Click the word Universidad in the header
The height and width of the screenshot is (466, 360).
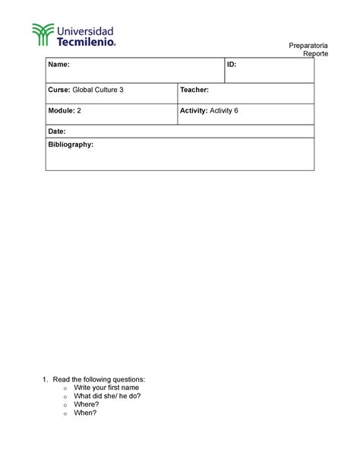tap(86, 30)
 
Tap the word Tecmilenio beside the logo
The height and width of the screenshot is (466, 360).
tap(87, 43)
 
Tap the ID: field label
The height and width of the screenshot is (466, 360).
tap(232, 65)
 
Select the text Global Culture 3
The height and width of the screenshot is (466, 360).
tap(98, 90)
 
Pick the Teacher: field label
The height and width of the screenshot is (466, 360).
tap(194, 90)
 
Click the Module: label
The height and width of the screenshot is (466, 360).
tap(62, 110)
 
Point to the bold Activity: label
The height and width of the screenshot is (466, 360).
tap(194, 110)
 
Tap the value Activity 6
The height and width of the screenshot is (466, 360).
tap(224, 110)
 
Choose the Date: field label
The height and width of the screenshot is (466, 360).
tap(58, 132)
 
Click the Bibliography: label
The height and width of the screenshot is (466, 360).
tap(71, 144)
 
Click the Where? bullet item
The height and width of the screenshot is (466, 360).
tap(86, 404)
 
